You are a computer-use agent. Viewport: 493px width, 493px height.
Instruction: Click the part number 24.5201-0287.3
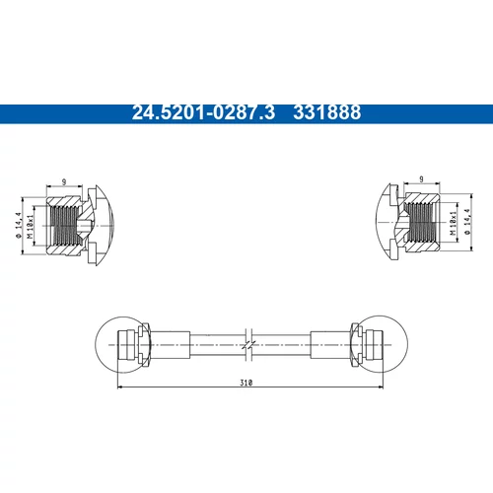point(203,112)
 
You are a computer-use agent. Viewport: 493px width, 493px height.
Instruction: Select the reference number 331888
point(327,112)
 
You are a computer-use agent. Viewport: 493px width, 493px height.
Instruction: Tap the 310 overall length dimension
point(246,383)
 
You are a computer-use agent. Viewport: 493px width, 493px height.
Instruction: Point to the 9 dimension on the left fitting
point(64,181)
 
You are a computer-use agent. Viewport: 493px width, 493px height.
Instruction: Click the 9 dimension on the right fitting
point(421,179)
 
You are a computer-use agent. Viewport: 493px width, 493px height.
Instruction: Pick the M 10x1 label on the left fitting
point(30,227)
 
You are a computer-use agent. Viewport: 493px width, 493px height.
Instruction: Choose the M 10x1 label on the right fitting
point(454,224)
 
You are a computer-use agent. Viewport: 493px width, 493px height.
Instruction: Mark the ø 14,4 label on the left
point(18,225)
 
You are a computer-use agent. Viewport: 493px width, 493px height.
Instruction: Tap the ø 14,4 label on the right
point(467,222)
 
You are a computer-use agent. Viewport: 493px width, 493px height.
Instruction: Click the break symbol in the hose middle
point(248,345)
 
